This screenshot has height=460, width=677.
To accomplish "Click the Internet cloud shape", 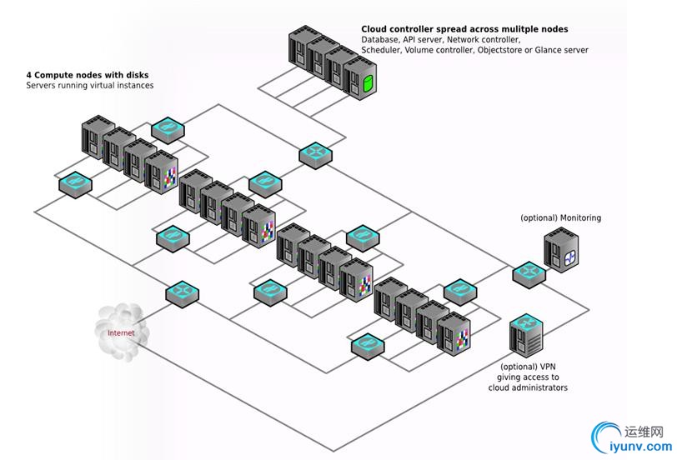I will click(x=121, y=332).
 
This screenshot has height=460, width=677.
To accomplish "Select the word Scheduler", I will click(x=382, y=51).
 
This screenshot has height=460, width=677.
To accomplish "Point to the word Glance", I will click(x=546, y=51).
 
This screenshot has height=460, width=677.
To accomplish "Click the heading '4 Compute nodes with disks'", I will click(x=89, y=75).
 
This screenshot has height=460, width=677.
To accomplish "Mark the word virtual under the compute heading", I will click(x=110, y=86).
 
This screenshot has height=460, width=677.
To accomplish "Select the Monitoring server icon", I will click(x=561, y=250).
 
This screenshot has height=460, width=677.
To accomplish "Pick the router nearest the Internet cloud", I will click(x=182, y=292).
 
